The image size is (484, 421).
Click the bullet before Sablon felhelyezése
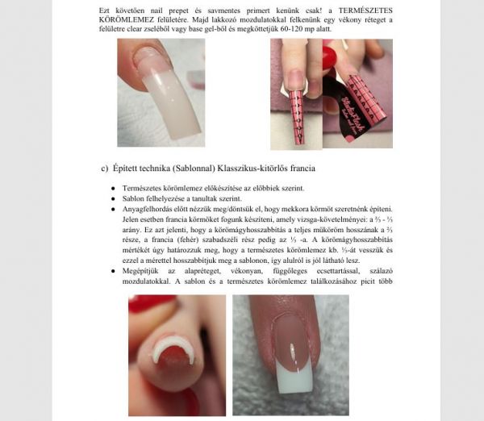(114, 198)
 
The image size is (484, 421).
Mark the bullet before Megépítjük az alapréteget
(114, 271)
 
